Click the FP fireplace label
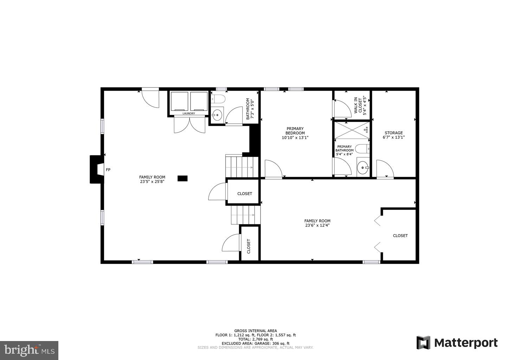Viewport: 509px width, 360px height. click(108, 170)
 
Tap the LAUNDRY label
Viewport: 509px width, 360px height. click(189, 114)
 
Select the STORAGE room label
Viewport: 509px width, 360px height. click(393, 133)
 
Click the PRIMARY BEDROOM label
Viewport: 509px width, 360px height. click(295, 131)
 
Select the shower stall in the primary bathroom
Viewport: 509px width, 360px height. click(352, 130)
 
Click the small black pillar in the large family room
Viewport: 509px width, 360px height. click(182, 178)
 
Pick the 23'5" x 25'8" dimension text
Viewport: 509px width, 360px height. click(152, 182)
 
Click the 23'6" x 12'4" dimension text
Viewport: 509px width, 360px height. click(317, 226)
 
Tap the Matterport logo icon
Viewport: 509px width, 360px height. click(423, 343)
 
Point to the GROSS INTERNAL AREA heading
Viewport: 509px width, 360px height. click(256, 331)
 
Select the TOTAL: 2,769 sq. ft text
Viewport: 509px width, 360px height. click(256, 339)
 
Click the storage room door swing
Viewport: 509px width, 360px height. click(385, 169)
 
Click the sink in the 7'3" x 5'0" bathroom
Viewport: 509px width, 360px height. click(218, 115)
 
